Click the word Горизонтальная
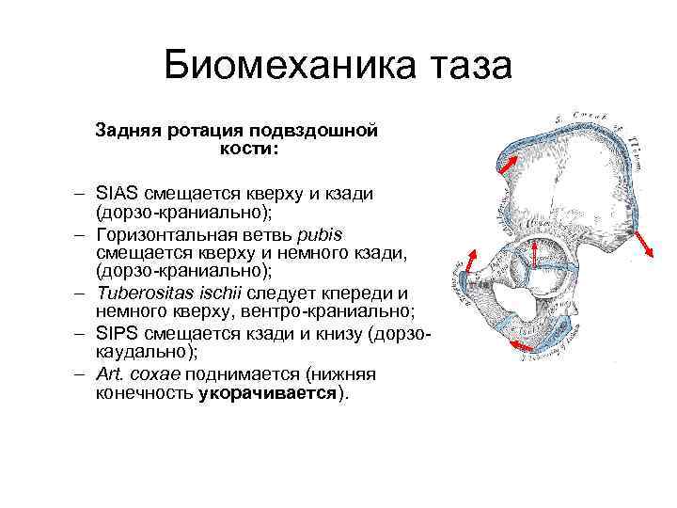(x=162, y=232)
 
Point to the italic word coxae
(x=151, y=373)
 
